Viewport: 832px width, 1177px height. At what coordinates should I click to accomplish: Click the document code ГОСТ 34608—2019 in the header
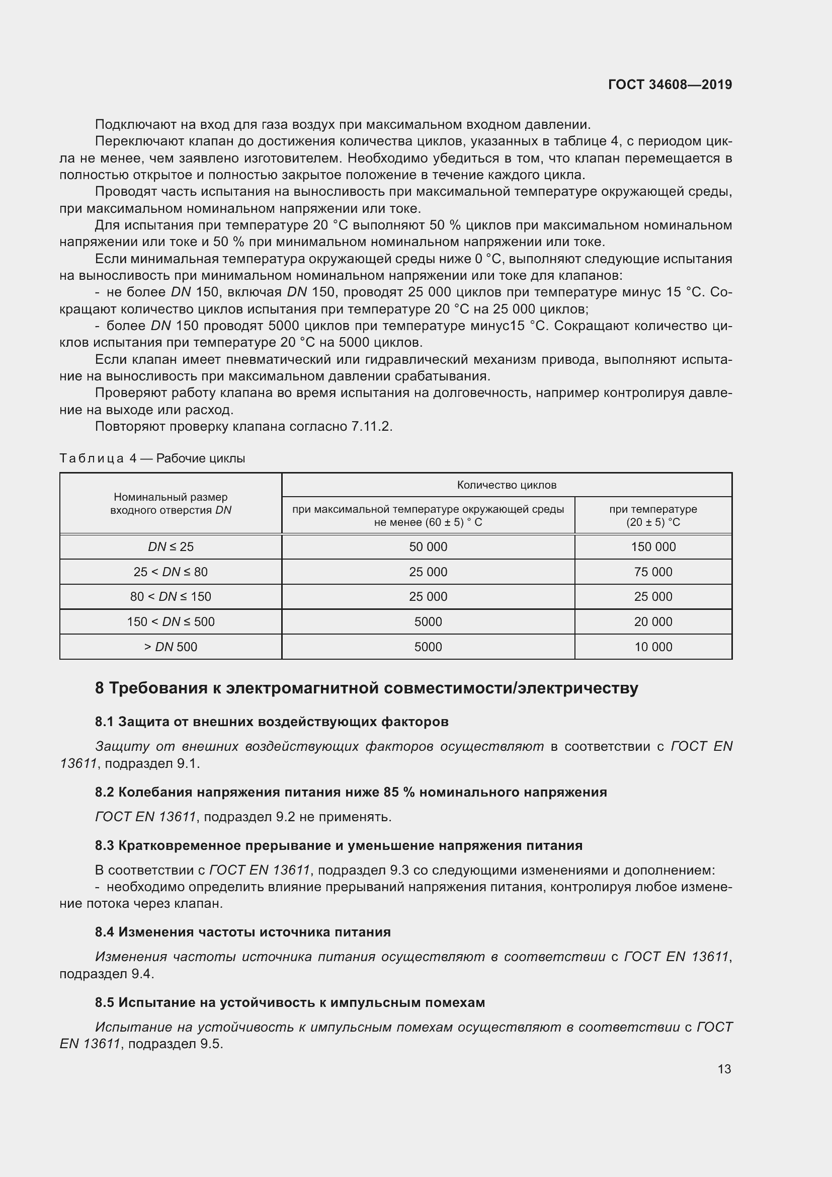[670, 85]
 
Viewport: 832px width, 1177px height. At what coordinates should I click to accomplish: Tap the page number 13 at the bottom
[724, 1069]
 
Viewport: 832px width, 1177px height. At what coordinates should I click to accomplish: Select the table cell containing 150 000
[653, 547]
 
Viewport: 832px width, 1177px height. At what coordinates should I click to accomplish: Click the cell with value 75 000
[653, 572]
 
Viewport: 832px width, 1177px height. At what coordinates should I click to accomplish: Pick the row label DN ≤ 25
[171, 547]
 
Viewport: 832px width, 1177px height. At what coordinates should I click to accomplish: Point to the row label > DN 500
[171, 647]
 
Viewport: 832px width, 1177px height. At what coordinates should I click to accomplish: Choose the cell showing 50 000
[428, 547]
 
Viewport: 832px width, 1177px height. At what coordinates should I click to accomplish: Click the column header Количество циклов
[506, 485]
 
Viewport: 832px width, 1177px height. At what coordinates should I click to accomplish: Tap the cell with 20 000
[653, 622]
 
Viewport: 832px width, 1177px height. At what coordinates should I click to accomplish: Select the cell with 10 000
[653, 647]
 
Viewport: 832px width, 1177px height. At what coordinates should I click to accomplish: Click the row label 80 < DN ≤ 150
[171, 597]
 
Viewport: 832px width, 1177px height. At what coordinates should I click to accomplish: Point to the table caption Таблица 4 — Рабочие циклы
[152, 458]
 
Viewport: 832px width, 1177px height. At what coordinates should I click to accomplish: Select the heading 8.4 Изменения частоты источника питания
[243, 932]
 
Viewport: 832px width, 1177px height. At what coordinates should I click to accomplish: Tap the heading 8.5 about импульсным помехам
[290, 1002]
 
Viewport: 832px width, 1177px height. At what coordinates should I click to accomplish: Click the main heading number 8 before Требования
[100, 688]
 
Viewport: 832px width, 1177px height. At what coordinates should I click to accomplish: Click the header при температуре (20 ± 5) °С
[653, 516]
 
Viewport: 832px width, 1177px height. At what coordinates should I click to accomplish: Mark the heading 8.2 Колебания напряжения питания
[351, 792]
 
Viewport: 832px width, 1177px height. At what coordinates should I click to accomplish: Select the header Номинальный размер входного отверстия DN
[171, 503]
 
